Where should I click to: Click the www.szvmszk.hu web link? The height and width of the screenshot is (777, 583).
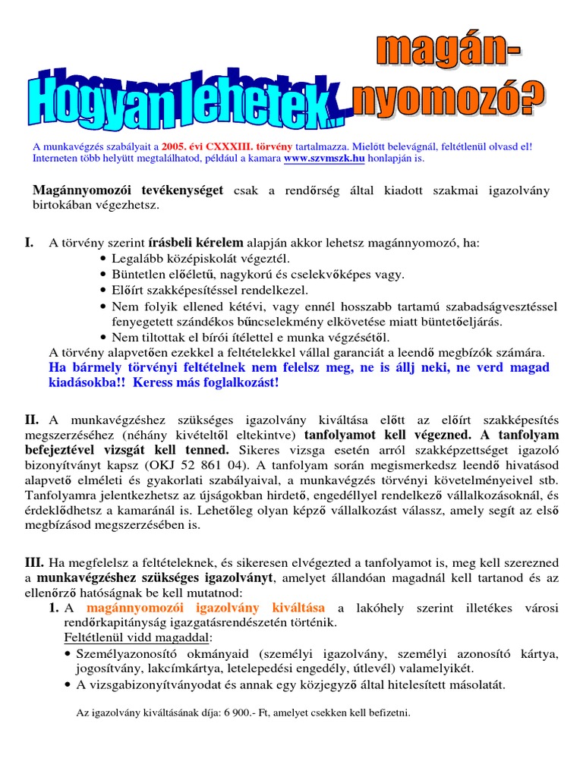324,159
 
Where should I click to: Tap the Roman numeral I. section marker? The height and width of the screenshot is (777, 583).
29,243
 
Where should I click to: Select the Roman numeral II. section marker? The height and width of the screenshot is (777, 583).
31,419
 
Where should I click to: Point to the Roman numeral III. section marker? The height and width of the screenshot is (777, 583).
34,563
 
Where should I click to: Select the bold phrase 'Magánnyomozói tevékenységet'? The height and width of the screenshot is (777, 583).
129,190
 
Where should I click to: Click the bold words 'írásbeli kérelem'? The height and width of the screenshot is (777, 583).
197,244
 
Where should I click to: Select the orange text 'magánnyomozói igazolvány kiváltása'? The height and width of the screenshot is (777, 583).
206,608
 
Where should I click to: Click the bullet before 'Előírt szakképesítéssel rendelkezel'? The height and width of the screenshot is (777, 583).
102,291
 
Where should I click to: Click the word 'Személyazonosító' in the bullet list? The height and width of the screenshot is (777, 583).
122,654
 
